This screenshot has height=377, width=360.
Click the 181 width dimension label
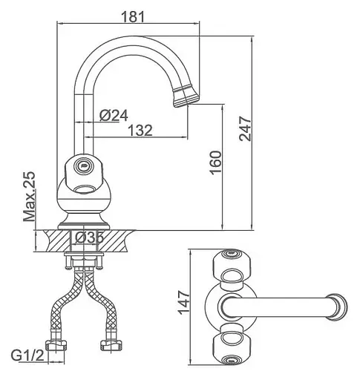coord(133,17)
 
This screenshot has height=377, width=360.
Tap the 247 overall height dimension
coord(245,128)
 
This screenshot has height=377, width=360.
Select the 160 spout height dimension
coord(216,163)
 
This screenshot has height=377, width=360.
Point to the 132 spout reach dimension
coord(140,130)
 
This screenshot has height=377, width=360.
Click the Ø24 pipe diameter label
coord(114,115)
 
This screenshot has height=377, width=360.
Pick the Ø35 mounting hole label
coord(89,237)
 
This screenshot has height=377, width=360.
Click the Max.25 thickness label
coord(30,196)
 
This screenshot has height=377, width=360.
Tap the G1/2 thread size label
coord(27,356)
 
